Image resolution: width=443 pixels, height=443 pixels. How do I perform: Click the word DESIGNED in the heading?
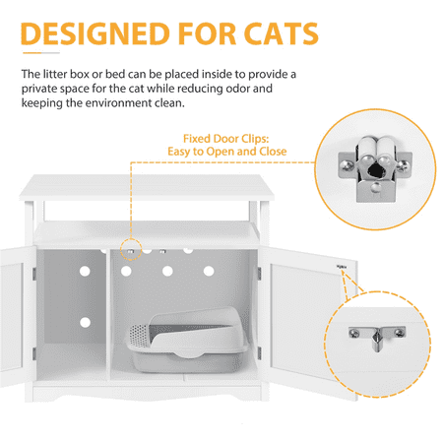[x=95, y=33]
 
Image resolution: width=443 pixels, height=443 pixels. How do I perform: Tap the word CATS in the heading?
[x=281, y=33]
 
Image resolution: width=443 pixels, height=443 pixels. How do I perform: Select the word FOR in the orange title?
[x=207, y=33]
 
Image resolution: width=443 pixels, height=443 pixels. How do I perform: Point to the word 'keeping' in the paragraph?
[x=42, y=103]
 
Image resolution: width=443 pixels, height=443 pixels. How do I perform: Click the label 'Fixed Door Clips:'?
[x=226, y=139]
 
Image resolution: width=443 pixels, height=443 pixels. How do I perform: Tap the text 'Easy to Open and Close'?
[x=227, y=152]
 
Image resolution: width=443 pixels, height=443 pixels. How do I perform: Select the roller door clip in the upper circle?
[x=375, y=168]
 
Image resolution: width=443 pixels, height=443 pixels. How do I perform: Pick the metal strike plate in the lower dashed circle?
[x=377, y=337]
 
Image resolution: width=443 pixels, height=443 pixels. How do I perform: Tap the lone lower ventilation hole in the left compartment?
[x=85, y=322]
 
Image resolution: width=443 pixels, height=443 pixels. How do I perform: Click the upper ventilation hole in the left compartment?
[x=85, y=271]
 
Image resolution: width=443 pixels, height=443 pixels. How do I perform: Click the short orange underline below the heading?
[x=32, y=52]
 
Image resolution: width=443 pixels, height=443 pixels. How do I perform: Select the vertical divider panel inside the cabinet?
[x=108, y=315]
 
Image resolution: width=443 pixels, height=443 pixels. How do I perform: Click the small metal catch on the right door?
[x=342, y=267]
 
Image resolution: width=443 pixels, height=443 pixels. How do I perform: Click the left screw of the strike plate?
[x=354, y=333]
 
